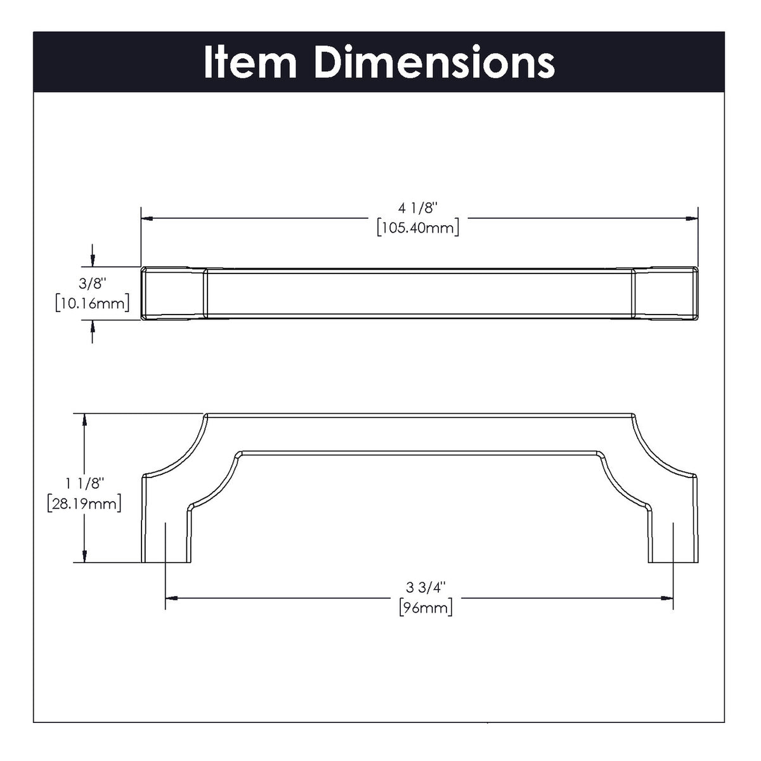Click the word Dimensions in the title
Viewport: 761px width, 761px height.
(x=434, y=62)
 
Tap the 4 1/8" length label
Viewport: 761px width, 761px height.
(x=418, y=208)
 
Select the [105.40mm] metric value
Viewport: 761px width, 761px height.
(x=418, y=228)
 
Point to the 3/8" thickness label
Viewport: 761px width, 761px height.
(x=93, y=284)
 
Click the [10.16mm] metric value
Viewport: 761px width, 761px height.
(x=93, y=303)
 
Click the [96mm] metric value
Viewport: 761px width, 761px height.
(x=426, y=608)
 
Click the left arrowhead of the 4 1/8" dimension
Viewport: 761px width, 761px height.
(x=146, y=219)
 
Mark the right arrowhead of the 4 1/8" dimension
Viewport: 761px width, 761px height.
(x=692, y=219)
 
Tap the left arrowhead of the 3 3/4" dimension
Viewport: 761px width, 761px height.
(x=171, y=597)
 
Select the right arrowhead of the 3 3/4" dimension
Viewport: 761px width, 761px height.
(x=667, y=597)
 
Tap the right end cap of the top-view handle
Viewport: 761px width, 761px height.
(x=665, y=294)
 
